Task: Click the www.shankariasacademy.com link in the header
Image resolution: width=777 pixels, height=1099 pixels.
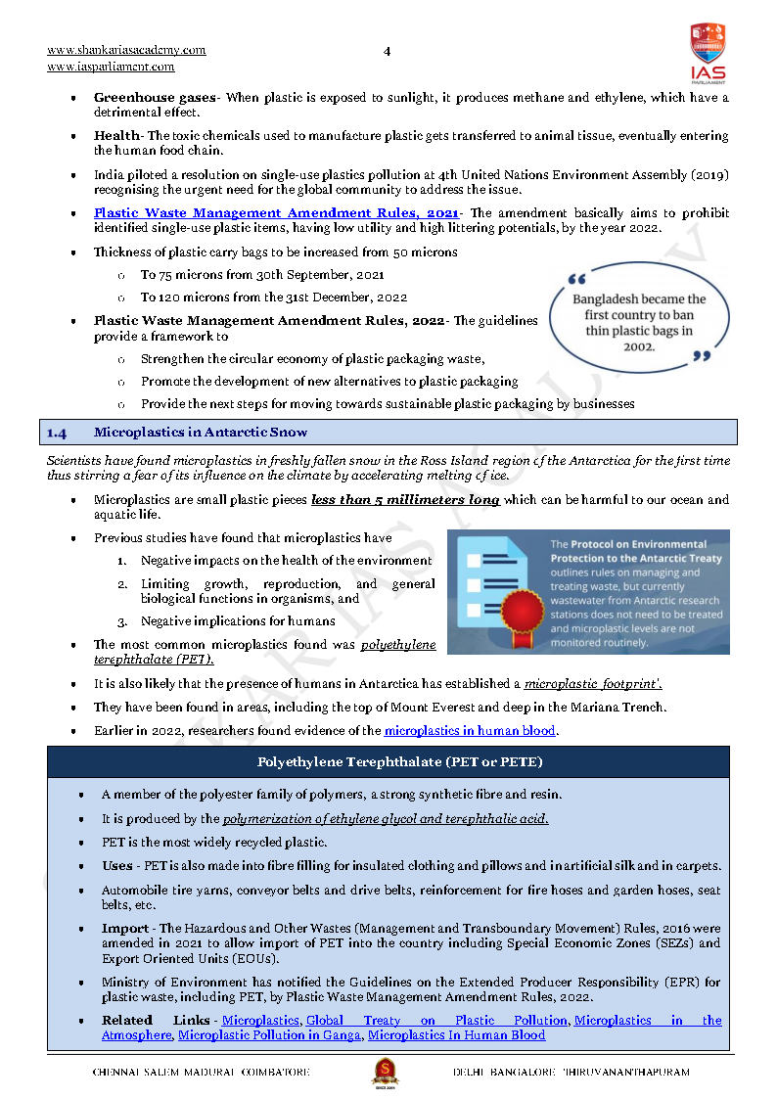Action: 126,50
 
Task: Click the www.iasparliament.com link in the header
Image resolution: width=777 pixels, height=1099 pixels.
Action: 111,67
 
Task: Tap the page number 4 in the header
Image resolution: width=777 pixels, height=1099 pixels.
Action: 387,51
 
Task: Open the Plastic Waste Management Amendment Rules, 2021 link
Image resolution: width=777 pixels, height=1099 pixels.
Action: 277,212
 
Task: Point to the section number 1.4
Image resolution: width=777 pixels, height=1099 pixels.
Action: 57,432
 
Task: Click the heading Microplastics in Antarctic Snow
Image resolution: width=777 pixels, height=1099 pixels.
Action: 201,432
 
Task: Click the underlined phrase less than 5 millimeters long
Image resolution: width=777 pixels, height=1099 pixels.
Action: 405,500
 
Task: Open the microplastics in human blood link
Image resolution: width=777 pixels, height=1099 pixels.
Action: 470,730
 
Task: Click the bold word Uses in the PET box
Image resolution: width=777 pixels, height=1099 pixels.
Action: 117,866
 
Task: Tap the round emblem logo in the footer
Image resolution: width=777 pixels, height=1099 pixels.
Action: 385,1072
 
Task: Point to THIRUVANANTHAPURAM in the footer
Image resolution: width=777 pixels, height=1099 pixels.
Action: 626,1073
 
